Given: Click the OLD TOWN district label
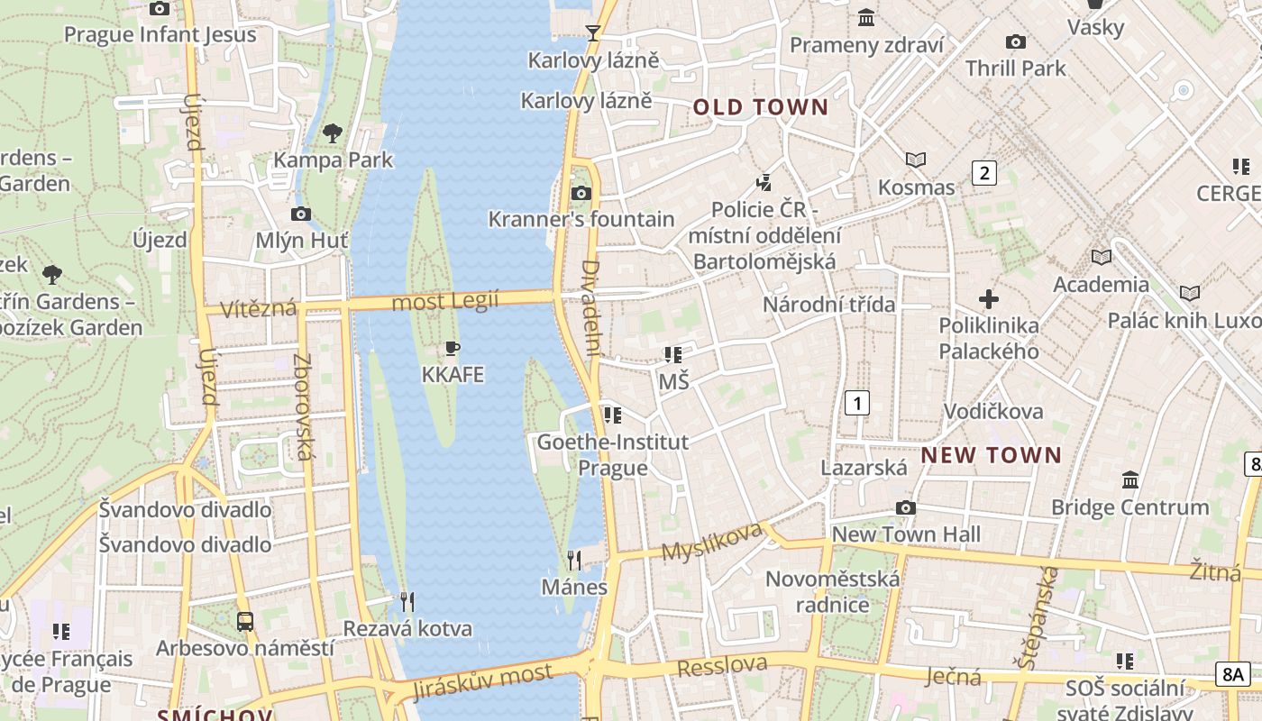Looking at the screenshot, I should point(760,108).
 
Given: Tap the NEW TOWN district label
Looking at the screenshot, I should point(991,455).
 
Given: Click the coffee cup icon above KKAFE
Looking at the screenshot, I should point(453,349).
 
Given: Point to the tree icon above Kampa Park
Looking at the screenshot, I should point(333,134).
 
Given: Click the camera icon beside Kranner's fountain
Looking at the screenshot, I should point(581,193).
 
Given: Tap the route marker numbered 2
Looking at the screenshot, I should point(983,173).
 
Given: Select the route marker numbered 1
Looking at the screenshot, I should point(856,403).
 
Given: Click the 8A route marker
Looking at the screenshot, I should point(1232,673).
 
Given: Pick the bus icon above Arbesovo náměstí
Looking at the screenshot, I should point(245,621).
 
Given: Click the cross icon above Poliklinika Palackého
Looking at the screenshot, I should point(989,298).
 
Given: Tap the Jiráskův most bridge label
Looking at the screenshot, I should point(482,681).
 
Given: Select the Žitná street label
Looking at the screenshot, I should point(1214,570).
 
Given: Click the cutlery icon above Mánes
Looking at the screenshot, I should point(573,561).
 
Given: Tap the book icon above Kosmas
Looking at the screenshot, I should point(916,160).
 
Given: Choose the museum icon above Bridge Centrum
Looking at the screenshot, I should point(1130,479).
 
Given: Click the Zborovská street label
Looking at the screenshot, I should point(303,406).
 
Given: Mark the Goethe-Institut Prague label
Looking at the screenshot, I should point(613,454).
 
